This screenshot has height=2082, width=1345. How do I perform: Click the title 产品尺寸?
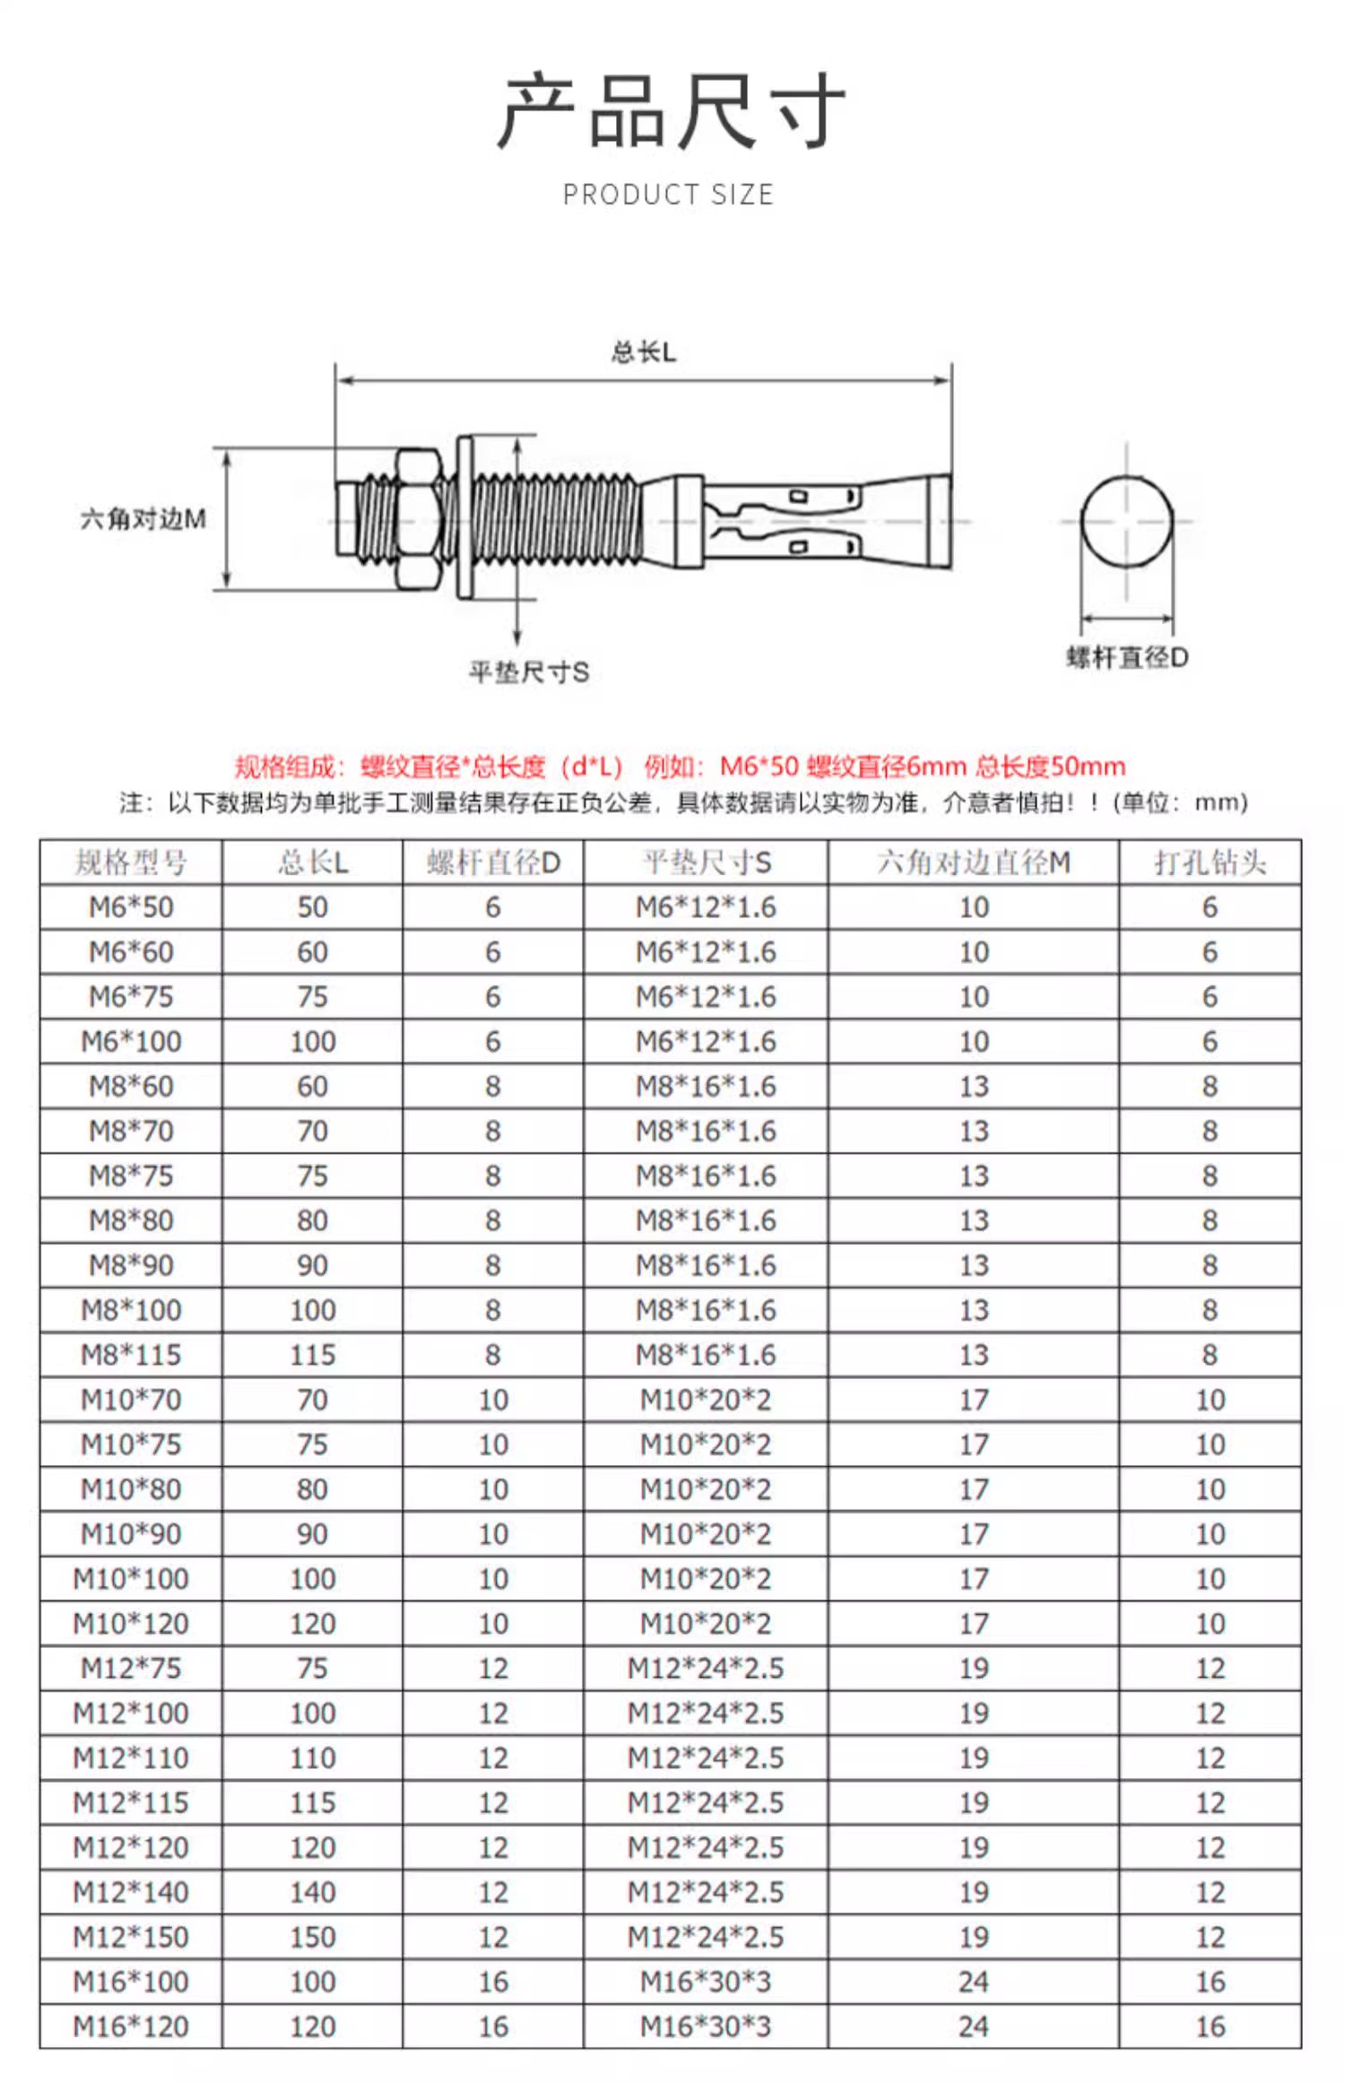point(671,111)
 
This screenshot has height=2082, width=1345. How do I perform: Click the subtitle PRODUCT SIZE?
point(668,195)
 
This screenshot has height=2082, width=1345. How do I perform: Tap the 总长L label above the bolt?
point(643,352)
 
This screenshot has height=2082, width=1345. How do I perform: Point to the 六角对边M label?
point(143,518)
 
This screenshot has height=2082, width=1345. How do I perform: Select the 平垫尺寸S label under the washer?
point(529,672)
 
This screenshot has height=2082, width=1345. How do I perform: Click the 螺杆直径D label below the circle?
point(1127,657)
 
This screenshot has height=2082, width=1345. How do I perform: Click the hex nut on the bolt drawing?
point(417,519)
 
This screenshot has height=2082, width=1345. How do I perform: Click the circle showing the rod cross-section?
point(1127,520)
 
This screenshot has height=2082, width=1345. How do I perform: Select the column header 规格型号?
point(131,863)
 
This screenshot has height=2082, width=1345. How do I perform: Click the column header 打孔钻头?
point(1210,863)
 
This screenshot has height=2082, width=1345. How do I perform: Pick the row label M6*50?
point(131,907)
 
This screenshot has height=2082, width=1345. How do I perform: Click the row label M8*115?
point(131,1355)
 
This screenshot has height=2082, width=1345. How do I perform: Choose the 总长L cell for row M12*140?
point(312,1892)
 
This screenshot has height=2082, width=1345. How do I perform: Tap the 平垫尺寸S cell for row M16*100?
point(706,1982)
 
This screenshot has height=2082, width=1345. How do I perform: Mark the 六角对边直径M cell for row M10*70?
point(974,1400)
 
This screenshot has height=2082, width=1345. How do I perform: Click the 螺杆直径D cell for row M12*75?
point(493,1668)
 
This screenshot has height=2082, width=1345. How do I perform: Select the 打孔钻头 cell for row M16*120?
point(1210,2026)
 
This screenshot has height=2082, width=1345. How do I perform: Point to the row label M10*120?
point(131,1623)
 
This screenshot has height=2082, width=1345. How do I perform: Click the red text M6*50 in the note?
point(759,767)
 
